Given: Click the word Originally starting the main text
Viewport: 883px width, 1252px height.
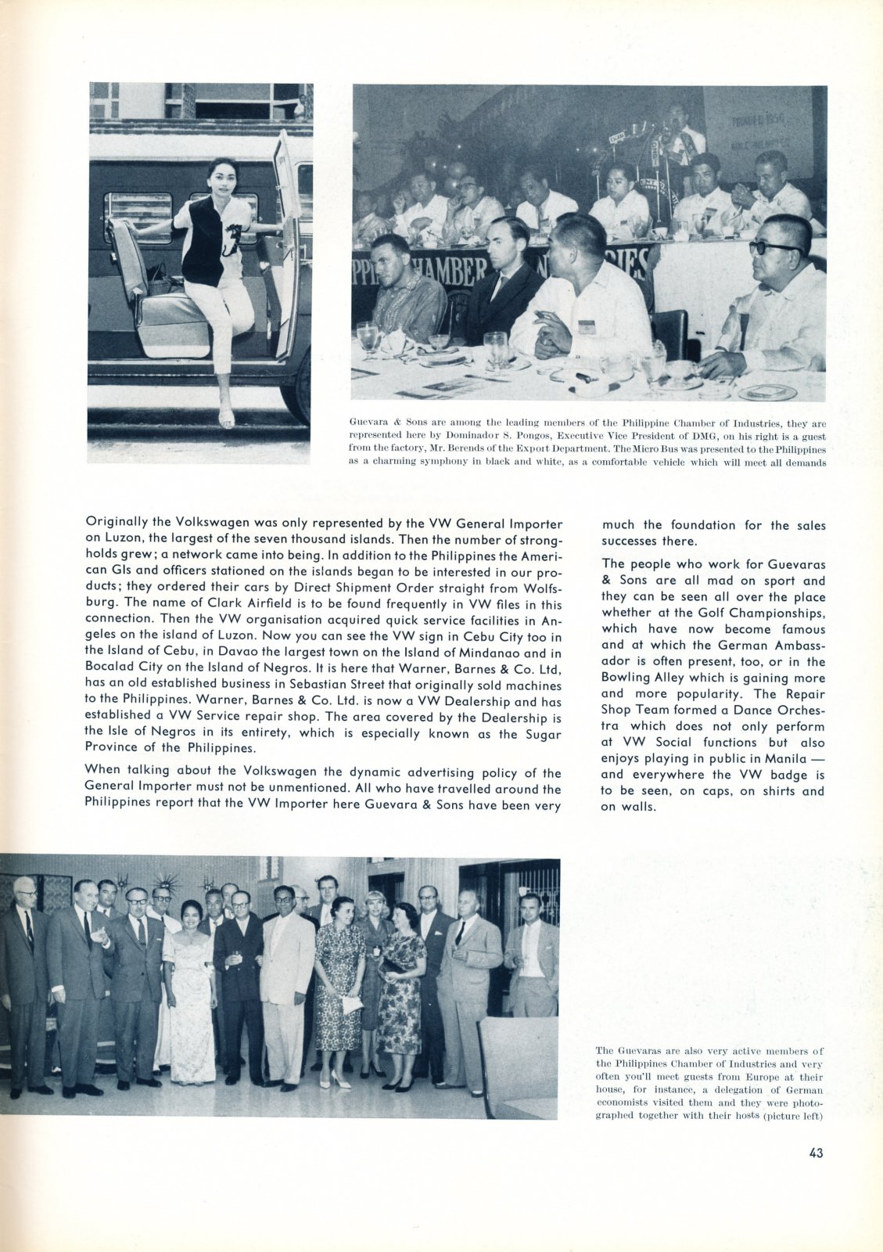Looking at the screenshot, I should [x=117, y=520].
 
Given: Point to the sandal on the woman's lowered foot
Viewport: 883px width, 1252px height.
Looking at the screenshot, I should [x=227, y=420].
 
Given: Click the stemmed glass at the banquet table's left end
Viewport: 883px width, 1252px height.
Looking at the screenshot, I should [x=366, y=334].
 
